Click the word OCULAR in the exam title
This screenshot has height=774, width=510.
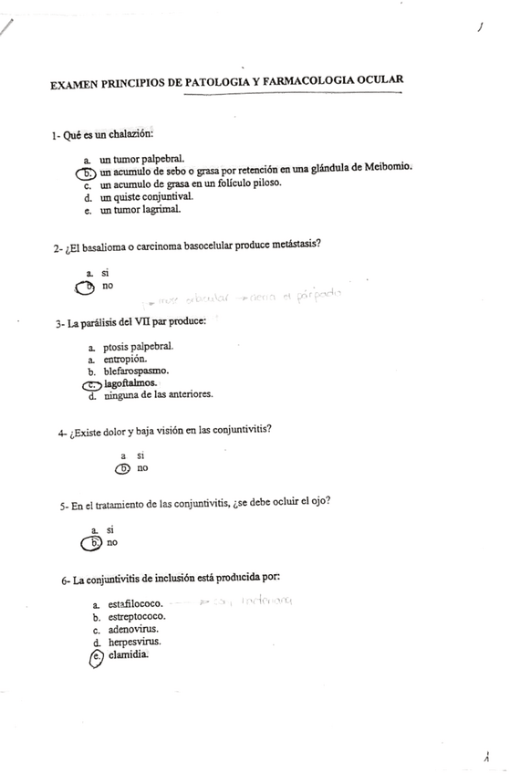(x=377, y=81)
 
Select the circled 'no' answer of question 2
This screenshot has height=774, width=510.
(x=107, y=287)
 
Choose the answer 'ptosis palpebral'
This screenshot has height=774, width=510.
(x=138, y=347)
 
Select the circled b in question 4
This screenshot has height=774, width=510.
(x=123, y=469)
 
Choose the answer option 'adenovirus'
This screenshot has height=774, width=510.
(x=133, y=629)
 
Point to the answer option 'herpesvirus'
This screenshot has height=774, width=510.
(x=134, y=642)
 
